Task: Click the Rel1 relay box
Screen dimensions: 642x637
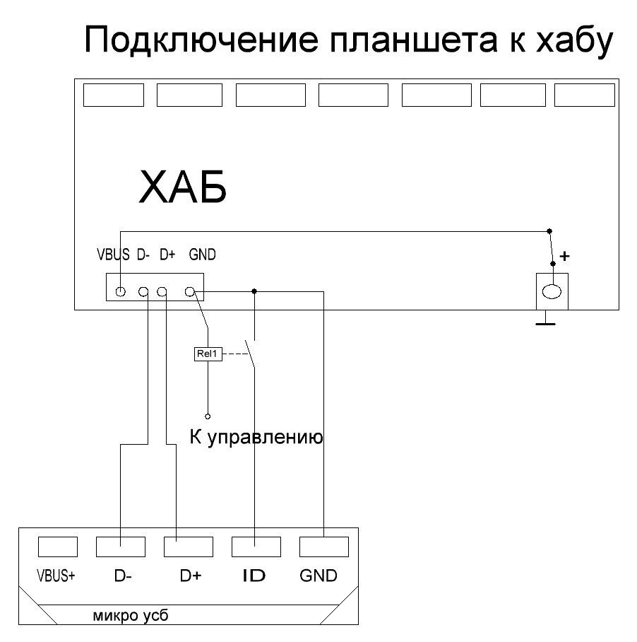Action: pos(208,354)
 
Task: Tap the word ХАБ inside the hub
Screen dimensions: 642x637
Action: pos(183,188)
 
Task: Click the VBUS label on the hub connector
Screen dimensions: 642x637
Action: pos(114,255)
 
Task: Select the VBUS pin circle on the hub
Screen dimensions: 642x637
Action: pos(121,291)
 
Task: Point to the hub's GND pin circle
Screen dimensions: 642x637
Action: pos(189,291)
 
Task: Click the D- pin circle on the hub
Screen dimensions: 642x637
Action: pos(143,291)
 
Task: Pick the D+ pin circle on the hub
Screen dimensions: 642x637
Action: pos(162,291)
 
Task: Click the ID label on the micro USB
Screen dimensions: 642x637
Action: pos(254,576)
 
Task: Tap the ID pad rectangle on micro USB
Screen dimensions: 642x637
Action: pos(256,547)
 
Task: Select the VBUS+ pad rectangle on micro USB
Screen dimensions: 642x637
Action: pos(57,547)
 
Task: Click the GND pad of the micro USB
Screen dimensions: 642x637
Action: pos(323,547)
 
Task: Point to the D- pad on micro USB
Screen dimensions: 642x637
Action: pos(120,547)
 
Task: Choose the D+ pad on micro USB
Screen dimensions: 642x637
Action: pos(188,547)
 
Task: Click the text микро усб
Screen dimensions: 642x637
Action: pos(131,614)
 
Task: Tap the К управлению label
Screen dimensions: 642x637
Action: pos(256,438)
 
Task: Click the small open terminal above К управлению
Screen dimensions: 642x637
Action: pos(208,416)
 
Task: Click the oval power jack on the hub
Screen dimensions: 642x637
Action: pos(552,290)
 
